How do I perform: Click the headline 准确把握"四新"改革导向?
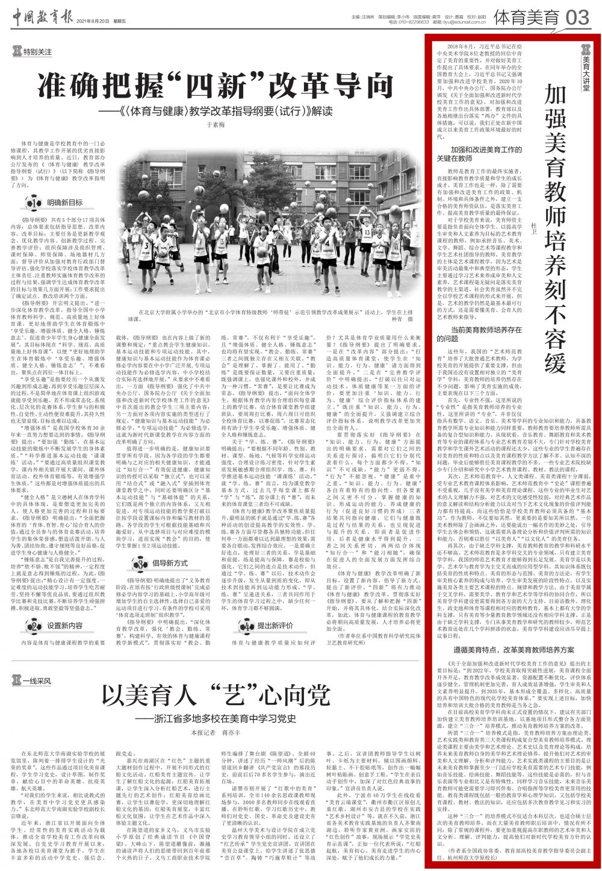215,86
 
